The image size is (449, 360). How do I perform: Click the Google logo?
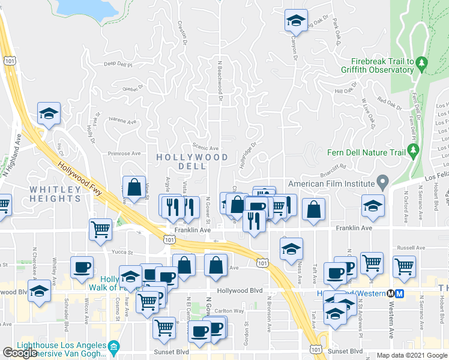pos(20,353)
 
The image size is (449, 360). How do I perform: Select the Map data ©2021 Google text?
pos(411,355)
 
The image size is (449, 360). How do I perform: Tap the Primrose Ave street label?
pos(123,154)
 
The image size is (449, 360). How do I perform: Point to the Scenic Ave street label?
pos(205,148)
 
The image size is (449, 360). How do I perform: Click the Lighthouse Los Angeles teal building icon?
pos(113,347)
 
